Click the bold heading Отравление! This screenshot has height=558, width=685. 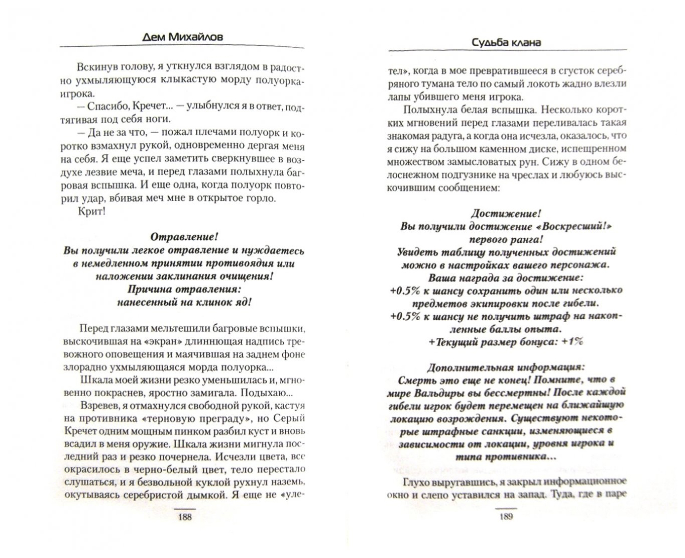pos(184,237)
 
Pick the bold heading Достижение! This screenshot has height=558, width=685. pos(506,213)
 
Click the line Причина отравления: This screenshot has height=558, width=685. pos(184,289)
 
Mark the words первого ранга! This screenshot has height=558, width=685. pos(506,239)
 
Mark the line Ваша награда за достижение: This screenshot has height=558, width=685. pos(506,277)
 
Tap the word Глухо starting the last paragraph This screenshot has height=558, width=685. pos(416,482)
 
